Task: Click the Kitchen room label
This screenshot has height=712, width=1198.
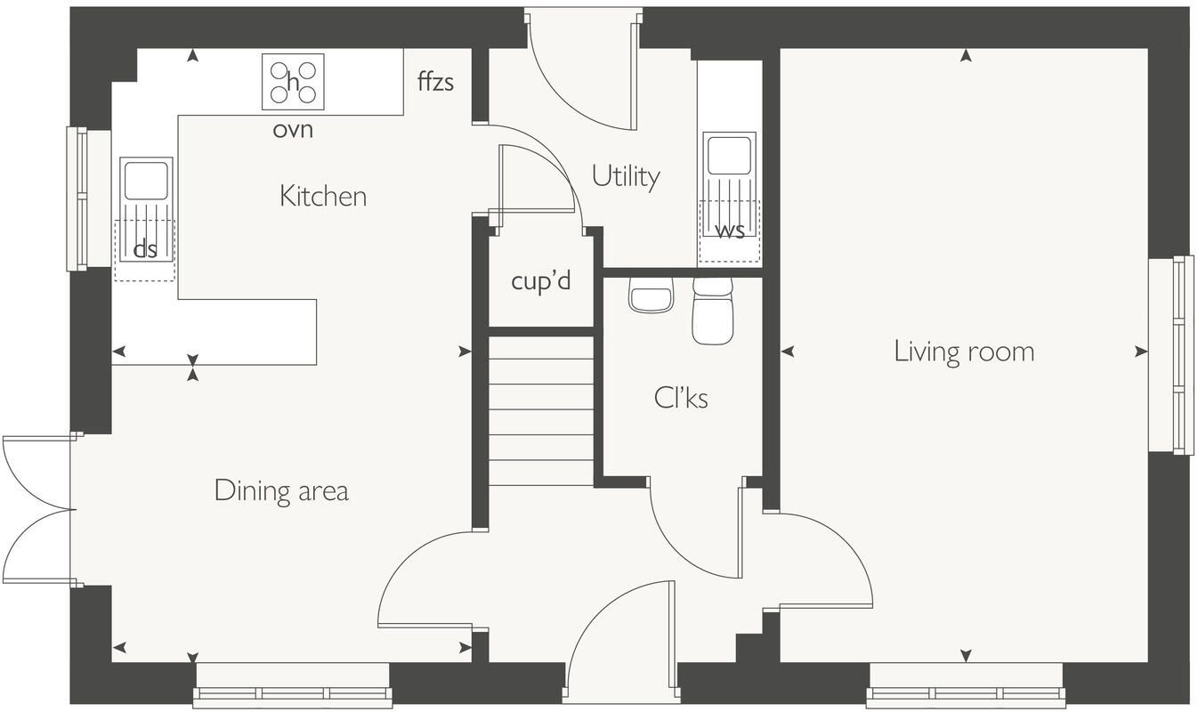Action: pos(323,197)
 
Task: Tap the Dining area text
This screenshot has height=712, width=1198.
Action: pos(281,491)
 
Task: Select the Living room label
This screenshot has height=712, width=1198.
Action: pos(964,352)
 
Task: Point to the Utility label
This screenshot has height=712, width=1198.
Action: pos(626,176)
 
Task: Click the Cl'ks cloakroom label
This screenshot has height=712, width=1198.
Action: pos(681,398)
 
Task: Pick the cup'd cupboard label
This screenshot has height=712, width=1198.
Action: pos(541,281)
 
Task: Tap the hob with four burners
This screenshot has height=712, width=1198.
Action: pos(293,82)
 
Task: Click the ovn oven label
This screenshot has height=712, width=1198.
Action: pos(293,130)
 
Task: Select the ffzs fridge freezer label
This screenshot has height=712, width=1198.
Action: pos(435,82)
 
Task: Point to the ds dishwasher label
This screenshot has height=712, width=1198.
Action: pos(145,249)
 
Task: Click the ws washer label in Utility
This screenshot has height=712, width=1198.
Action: pos(730,231)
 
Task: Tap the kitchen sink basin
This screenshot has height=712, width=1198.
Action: pos(146,182)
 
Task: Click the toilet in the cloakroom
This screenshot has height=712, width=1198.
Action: pos(712,311)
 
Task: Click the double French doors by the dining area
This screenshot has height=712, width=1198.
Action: pos(37,510)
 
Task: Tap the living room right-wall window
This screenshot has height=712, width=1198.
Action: pos(1171,356)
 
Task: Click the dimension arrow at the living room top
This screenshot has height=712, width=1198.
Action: pos(966,56)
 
